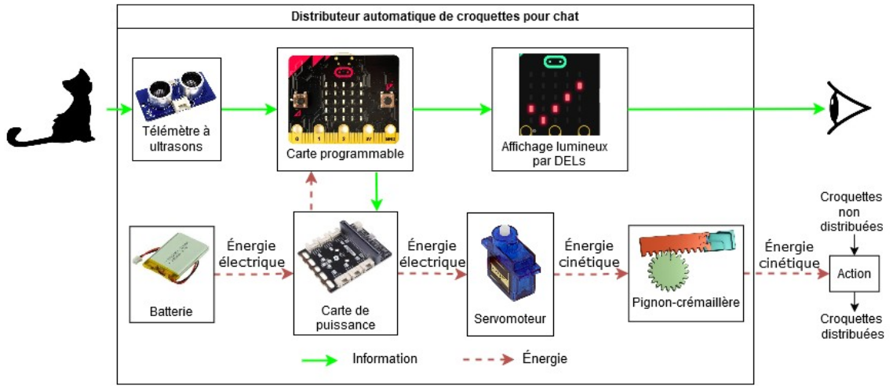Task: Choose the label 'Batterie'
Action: click(171, 312)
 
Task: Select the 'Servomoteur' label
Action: click(506, 319)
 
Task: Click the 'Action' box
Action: click(854, 274)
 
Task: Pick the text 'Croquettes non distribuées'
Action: click(851, 211)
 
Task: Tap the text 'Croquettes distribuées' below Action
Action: click(852, 326)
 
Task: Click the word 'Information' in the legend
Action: click(385, 359)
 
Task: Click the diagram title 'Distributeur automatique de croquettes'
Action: click(435, 16)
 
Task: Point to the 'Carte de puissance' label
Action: click(345, 318)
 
